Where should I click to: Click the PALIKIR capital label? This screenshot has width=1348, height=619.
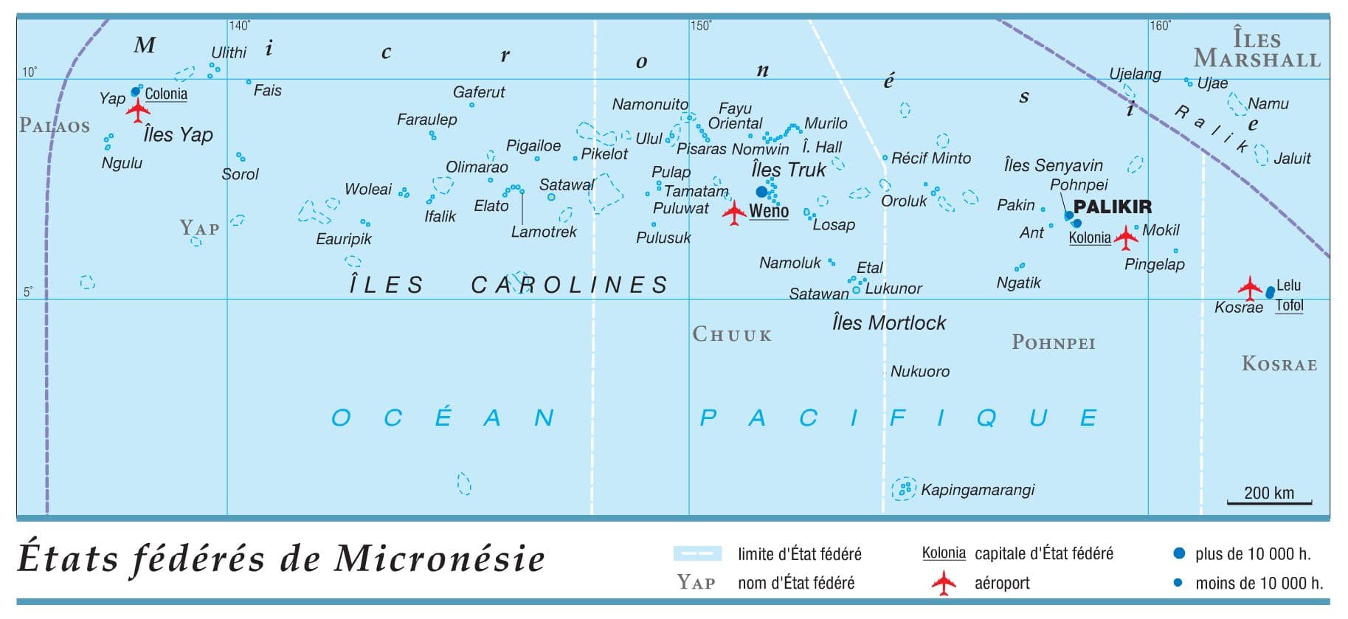pos(1112,207)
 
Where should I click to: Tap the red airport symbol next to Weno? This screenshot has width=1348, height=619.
pos(733,213)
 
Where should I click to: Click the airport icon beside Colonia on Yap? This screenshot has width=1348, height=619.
pos(138,111)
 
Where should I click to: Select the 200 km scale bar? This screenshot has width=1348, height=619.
pos(1269,502)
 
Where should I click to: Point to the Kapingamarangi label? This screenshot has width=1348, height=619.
pos(977,490)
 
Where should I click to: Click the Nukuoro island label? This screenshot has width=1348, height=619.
pos(919,372)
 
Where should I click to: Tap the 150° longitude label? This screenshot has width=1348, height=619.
pos(701,26)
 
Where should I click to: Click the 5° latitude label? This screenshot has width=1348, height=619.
pos(28,292)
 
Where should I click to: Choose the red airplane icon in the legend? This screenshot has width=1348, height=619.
pos(943,584)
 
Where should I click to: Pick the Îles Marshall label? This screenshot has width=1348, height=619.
pos(1257,49)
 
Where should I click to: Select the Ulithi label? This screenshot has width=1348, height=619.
pos(229,52)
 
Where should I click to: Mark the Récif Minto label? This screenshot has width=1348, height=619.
pos(930,158)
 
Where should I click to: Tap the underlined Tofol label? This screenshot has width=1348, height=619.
pos(1289,305)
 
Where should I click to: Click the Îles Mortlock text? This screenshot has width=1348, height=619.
pos(888,323)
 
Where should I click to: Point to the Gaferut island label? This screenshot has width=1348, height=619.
pos(479,92)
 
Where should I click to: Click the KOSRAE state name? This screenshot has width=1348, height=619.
pos(1279,364)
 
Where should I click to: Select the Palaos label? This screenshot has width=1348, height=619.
pos(55,126)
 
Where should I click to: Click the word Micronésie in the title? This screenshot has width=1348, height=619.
pos(440,559)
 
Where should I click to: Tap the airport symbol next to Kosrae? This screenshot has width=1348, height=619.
pos(1249,287)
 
